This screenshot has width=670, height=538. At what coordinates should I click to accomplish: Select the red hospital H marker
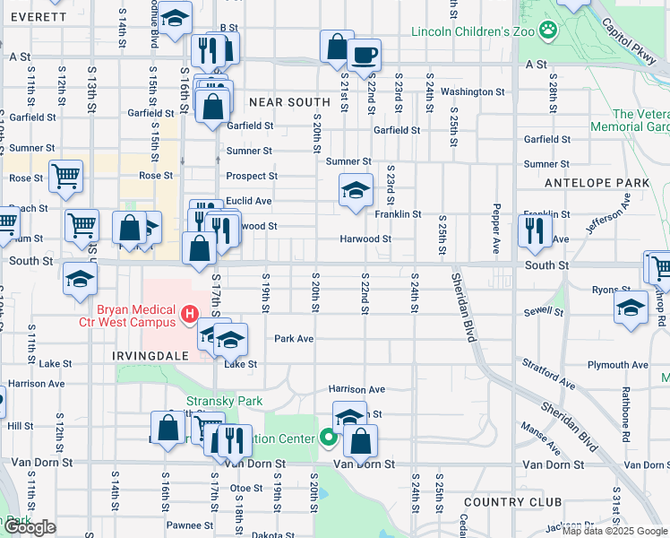(189, 314)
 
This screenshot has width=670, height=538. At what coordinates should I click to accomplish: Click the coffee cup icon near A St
(364, 54)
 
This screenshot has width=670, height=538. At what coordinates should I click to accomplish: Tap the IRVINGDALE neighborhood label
(150, 355)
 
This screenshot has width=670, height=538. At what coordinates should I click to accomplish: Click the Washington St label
(473, 91)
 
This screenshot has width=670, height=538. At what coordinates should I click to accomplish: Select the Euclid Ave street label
(249, 201)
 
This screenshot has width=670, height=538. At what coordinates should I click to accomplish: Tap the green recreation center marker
(328, 438)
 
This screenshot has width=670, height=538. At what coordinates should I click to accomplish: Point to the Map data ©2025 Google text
(614, 531)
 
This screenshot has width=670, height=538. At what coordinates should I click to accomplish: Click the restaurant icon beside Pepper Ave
(535, 230)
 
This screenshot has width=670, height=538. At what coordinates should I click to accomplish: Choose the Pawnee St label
(183, 525)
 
